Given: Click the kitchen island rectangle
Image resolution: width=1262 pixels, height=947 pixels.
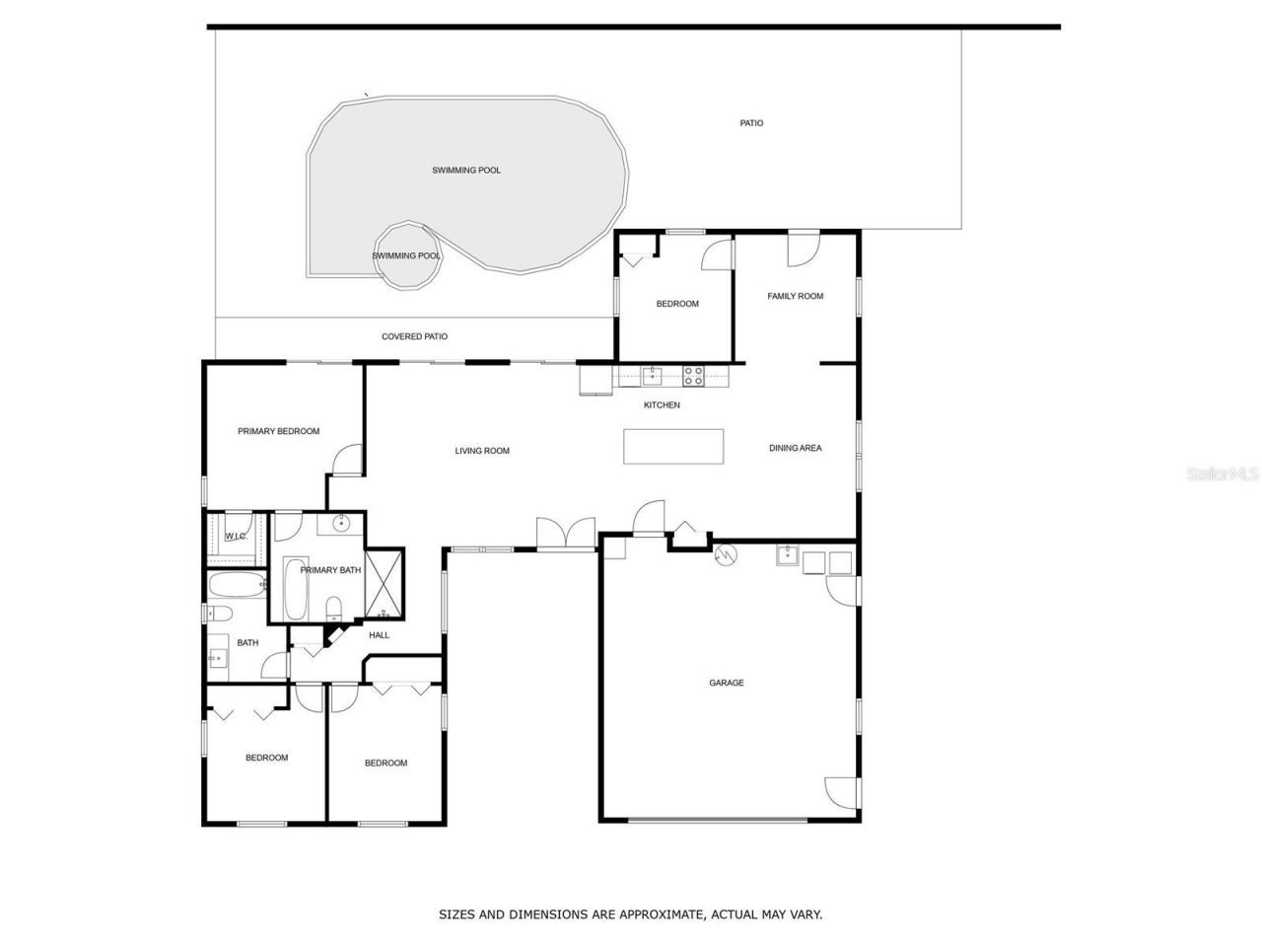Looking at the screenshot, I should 673,446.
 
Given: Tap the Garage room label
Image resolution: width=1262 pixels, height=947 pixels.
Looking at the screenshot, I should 727,683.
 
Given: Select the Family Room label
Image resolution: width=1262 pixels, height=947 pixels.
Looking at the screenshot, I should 795,296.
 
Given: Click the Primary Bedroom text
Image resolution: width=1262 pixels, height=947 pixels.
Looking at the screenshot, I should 278,431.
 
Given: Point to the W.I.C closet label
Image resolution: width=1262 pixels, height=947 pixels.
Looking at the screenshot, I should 235,537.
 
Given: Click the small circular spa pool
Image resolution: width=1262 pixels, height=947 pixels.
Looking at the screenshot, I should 405,255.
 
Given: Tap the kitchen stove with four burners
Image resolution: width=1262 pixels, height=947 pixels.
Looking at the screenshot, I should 693,376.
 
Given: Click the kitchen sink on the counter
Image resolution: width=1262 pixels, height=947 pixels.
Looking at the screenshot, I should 652,376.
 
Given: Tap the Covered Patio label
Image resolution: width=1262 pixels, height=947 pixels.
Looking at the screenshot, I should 414,336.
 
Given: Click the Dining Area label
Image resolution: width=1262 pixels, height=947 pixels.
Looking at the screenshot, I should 795,448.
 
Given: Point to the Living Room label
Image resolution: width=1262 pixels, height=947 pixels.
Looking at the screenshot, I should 482,451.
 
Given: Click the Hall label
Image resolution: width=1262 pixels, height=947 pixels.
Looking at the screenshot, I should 379,635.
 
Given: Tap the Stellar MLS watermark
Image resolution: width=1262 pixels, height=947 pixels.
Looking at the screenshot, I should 1223,474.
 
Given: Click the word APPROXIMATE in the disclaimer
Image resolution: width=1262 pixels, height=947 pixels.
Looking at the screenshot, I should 659,914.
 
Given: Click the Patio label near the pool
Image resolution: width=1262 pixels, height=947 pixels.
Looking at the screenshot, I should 751,123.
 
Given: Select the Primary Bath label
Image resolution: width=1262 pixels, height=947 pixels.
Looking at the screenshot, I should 330,570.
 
